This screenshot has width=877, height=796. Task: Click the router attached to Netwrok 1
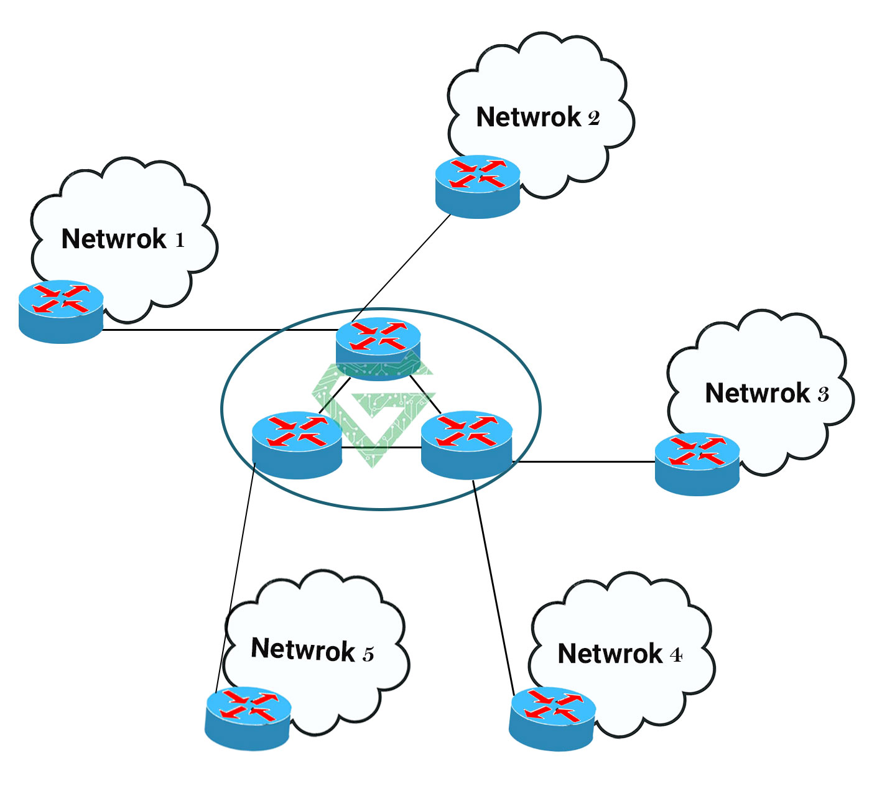[x=61, y=311]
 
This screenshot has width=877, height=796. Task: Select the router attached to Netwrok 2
[x=478, y=186]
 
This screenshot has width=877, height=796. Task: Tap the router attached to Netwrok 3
[x=697, y=463]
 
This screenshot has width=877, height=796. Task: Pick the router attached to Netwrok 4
[x=552, y=718]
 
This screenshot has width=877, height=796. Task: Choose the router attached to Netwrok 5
[x=248, y=718]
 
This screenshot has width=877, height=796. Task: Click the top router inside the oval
[x=378, y=348]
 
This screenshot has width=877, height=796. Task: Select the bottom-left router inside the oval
[x=297, y=444]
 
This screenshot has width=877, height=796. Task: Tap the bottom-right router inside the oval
[x=466, y=444]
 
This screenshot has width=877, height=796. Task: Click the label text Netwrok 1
[x=123, y=239]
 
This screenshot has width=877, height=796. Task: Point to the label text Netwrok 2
[x=538, y=118]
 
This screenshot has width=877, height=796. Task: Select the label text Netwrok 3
[x=767, y=394]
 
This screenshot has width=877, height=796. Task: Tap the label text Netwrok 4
[x=619, y=654]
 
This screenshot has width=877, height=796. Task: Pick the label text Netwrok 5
[x=312, y=650]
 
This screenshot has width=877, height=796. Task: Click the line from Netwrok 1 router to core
[x=218, y=330]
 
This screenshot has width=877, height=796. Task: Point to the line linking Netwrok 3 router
[x=585, y=462]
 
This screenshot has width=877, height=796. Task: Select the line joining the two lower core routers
[x=381, y=447]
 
